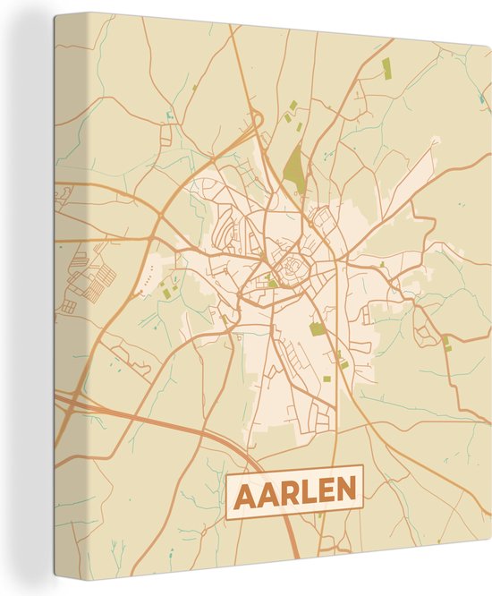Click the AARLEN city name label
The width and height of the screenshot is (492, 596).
coord(295,490)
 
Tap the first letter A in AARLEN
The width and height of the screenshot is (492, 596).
coord(245,491)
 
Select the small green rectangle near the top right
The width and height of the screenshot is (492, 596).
coord(386,65)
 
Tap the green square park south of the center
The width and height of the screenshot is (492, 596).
coord(318,328)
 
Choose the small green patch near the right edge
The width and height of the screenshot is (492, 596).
coord(446,341)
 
